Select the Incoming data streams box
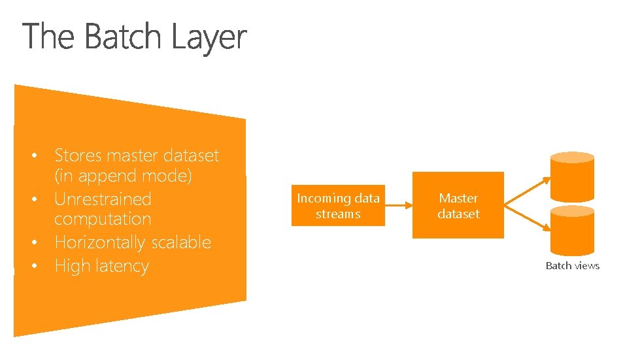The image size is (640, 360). [338, 206]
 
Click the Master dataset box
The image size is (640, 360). [458, 205]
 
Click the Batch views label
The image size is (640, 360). [573, 265]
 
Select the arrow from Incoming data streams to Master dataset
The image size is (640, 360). [398, 206]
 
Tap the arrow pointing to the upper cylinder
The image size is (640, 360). [526, 187]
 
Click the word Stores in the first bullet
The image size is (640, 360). [78, 155]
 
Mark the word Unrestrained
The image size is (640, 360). [103, 199]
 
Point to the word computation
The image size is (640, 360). [103, 219]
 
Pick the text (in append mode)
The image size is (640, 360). [122, 176]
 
